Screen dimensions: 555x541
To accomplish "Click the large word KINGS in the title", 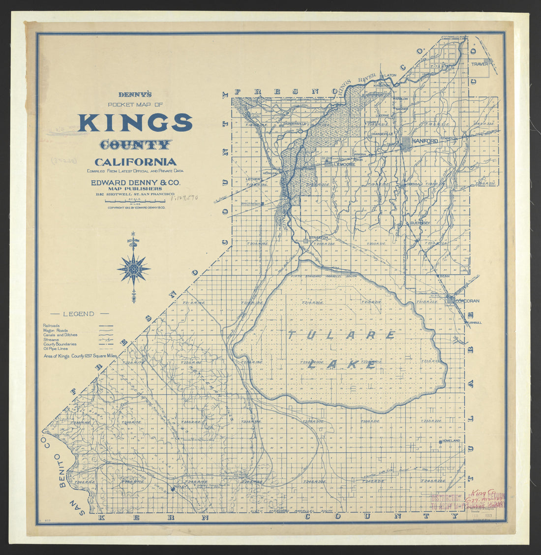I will (135, 123).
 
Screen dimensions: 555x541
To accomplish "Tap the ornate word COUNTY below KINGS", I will (135, 145).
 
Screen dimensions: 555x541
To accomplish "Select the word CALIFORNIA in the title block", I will (135, 162).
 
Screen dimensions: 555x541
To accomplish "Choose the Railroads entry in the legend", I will (52, 326).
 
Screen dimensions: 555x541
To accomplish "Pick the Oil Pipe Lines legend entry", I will (56, 348).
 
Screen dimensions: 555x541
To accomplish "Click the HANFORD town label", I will (424, 141).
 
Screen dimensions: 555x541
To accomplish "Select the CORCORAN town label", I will (467, 300).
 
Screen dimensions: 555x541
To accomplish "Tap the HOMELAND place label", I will (451, 441).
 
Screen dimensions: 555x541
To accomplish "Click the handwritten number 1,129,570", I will (184, 198).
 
